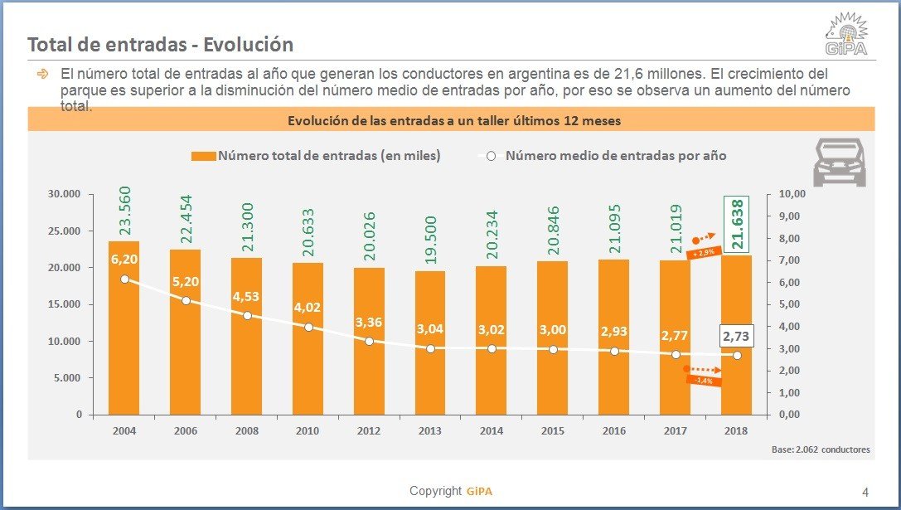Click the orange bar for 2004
pyautogui.click(x=124, y=332)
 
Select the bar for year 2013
pyautogui.click(x=429, y=348)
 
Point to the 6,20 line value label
pyautogui.click(x=124, y=260)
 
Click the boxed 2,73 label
pyautogui.click(x=736, y=337)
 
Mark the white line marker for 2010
pyautogui.click(x=308, y=328)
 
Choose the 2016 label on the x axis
pyautogui.click(x=613, y=431)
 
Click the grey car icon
pyautogui.click(x=839, y=163)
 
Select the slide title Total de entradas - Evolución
pyautogui.click(x=161, y=45)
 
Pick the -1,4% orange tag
pyautogui.click(x=703, y=380)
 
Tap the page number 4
pyautogui.click(x=865, y=492)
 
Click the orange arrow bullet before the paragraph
pyautogui.click(x=42, y=74)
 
